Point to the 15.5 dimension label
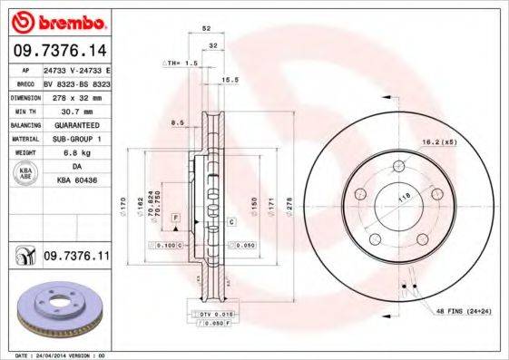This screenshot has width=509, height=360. [230, 81]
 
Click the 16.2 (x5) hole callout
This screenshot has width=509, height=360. [437, 142]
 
